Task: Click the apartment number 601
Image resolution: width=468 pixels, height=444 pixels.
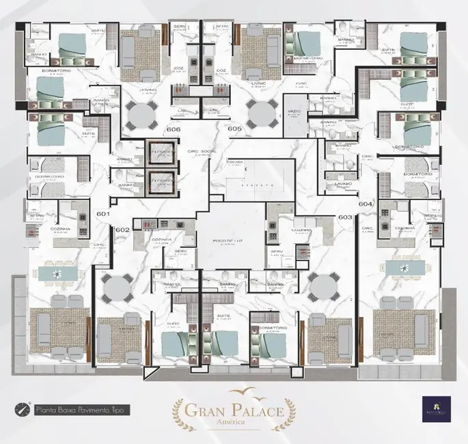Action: click(103, 214)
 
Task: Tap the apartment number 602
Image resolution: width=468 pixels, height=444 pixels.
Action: click(123, 230)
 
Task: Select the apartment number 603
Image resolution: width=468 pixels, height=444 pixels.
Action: click(345, 217)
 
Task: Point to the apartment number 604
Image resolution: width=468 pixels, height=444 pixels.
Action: click(365, 204)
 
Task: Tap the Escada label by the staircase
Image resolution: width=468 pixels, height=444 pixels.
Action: click(238, 162)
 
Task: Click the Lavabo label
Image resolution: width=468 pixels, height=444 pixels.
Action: click(343, 184)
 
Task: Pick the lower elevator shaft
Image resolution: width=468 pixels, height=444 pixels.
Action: click(160, 183)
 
